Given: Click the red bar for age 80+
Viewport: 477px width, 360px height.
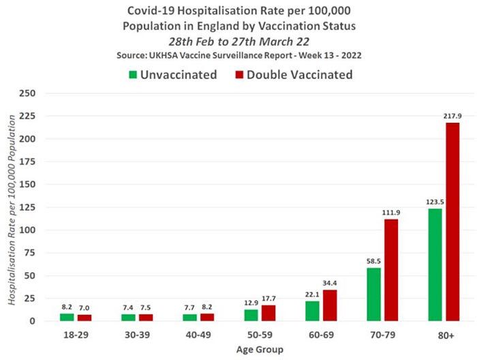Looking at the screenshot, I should tap(452, 222).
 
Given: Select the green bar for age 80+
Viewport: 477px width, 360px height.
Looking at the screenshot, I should tap(435, 265).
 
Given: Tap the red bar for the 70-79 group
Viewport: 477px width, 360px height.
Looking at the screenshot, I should tap(391, 270).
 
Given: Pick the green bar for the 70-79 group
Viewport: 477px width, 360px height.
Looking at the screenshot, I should tap(373, 294).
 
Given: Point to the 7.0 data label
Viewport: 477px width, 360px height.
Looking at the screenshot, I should tap(84, 307).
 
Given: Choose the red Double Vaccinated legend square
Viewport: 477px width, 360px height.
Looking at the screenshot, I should tap(239, 74).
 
